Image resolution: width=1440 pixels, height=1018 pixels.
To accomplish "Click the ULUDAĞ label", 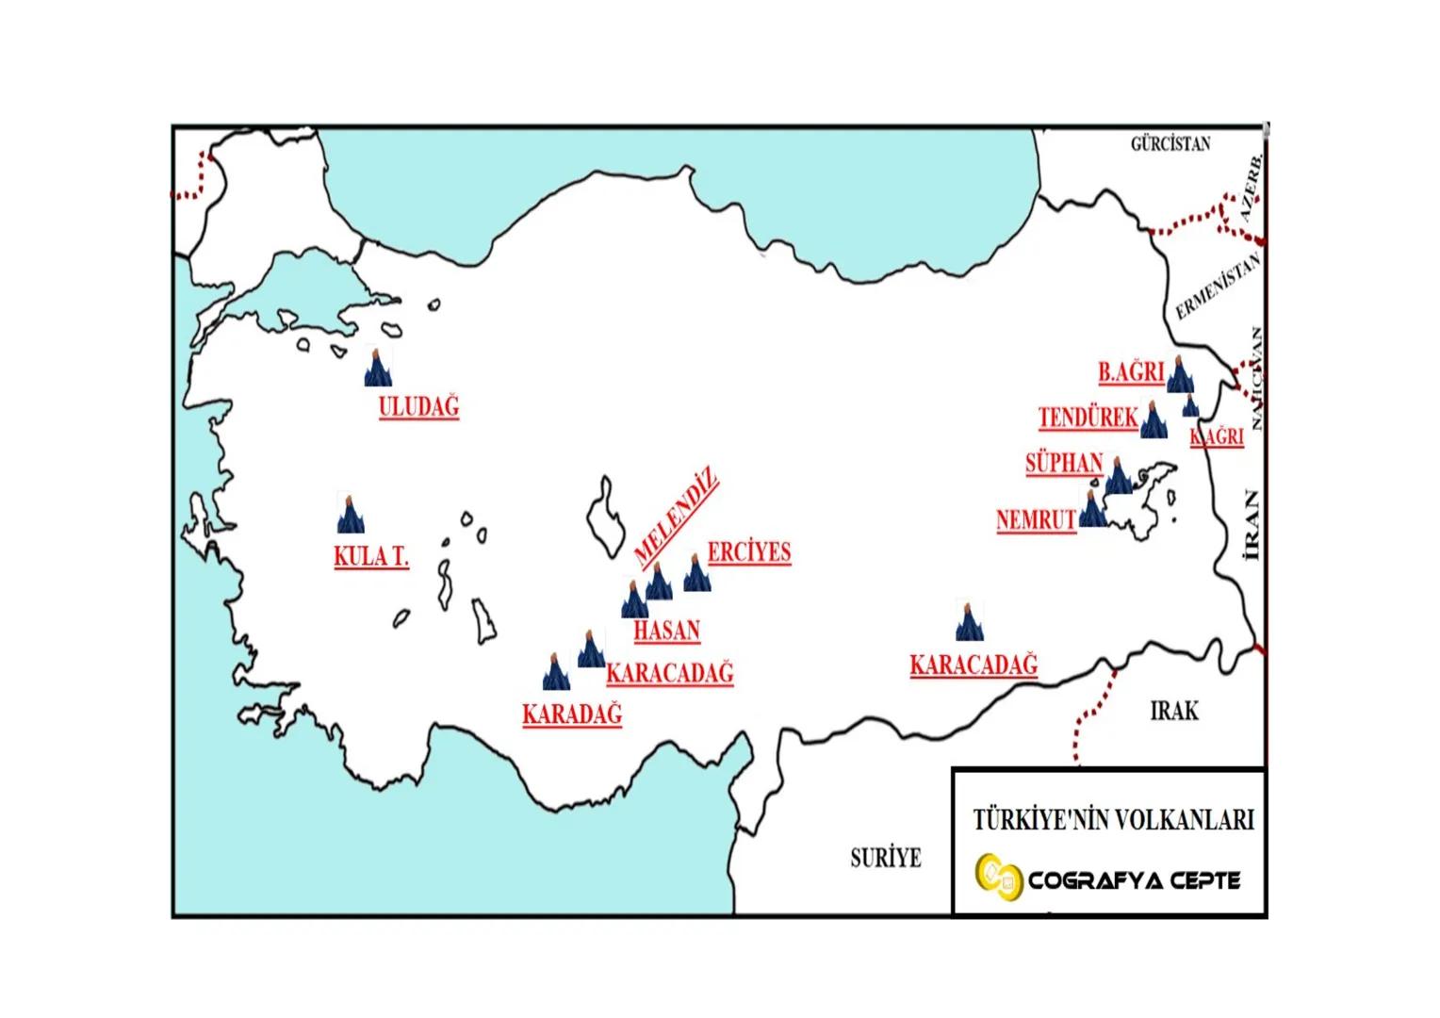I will [418, 407].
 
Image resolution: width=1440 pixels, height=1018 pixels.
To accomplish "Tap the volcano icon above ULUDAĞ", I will [378, 368].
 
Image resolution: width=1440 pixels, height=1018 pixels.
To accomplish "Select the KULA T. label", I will [371, 556].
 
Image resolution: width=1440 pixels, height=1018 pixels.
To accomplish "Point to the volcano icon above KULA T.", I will [351, 513].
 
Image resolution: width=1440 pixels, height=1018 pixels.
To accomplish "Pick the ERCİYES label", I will [749, 552].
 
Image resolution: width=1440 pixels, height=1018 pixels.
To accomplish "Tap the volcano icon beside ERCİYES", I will [696, 573].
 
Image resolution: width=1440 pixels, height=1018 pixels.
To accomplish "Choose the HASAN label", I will [666, 631].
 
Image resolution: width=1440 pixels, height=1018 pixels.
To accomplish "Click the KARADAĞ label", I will [572, 714].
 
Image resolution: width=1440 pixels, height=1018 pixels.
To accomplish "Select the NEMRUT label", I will [1036, 520].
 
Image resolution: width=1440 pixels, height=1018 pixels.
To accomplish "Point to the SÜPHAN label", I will [1064, 464].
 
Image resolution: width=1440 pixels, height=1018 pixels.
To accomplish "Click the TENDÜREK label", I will [1088, 418].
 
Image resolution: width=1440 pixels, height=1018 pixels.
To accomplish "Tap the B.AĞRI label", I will [1131, 372].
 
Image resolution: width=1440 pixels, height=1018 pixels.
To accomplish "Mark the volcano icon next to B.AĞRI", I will [1180, 375].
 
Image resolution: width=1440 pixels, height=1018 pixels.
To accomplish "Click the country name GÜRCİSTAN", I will [1170, 144].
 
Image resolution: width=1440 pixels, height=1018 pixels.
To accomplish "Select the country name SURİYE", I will [885, 858].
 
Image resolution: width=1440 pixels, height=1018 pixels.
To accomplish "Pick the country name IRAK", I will [1174, 711].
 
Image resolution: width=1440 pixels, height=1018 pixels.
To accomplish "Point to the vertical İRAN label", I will [1251, 525].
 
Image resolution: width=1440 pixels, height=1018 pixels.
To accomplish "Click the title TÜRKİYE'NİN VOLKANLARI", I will [1113, 819].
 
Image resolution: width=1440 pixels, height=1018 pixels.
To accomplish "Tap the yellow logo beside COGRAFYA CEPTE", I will [997, 878].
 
